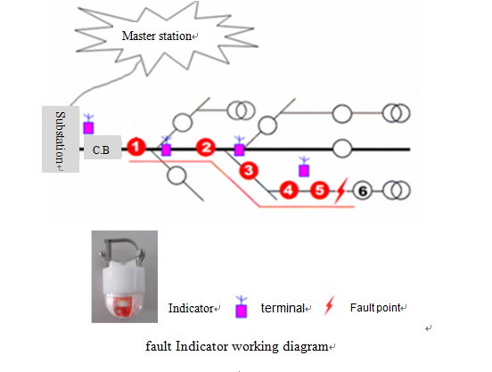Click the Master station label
(x=157, y=36)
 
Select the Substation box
(x=61, y=139)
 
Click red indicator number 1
(x=136, y=146)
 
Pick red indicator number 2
(x=206, y=147)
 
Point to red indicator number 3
(x=249, y=171)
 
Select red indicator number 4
(x=289, y=190)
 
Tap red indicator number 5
(x=320, y=190)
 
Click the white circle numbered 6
(x=363, y=190)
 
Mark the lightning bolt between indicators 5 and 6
(x=341, y=190)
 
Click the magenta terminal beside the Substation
(x=88, y=124)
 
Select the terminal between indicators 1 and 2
(x=166, y=146)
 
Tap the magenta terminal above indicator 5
(x=304, y=167)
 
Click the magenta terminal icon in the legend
(x=241, y=307)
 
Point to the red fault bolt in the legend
(x=329, y=304)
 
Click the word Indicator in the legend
(x=191, y=309)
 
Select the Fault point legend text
(x=375, y=308)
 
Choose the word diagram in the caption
(x=306, y=347)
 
